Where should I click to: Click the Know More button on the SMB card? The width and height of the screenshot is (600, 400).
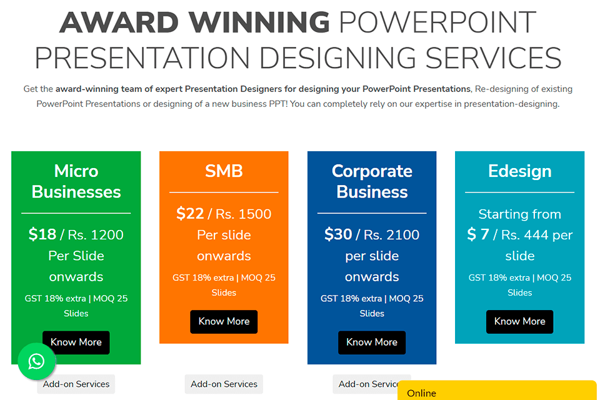coord(224,321)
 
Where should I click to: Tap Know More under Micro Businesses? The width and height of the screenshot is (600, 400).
coord(76,342)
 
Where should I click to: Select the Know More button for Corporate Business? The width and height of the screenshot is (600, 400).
coord(371,342)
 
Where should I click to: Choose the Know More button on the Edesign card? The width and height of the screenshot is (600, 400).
coord(519,321)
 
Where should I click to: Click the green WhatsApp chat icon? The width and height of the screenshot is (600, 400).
coord(37,361)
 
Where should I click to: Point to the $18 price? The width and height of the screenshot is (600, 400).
coord(42,234)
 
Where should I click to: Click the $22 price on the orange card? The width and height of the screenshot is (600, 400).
coord(190,214)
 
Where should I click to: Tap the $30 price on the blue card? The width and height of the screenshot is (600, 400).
coord(338,234)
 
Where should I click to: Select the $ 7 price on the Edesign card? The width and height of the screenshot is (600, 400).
coord(478,234)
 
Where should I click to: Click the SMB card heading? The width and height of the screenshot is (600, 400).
coord(224,171)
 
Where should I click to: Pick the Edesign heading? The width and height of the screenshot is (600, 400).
coord(519,171)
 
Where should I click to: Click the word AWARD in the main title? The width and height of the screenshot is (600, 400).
coord(119,22)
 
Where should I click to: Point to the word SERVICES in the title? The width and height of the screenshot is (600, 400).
coord(493,58)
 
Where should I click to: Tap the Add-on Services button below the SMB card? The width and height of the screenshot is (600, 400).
coord(224,384)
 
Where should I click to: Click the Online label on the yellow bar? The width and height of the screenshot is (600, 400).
coord(421,393)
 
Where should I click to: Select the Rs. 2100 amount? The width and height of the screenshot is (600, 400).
coord(391,234)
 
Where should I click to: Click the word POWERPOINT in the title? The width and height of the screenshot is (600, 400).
coord(437,22)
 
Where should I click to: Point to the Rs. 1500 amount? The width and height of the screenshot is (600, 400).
coord(243,214)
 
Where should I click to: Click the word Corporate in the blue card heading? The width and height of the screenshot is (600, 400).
coord(372,171)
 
